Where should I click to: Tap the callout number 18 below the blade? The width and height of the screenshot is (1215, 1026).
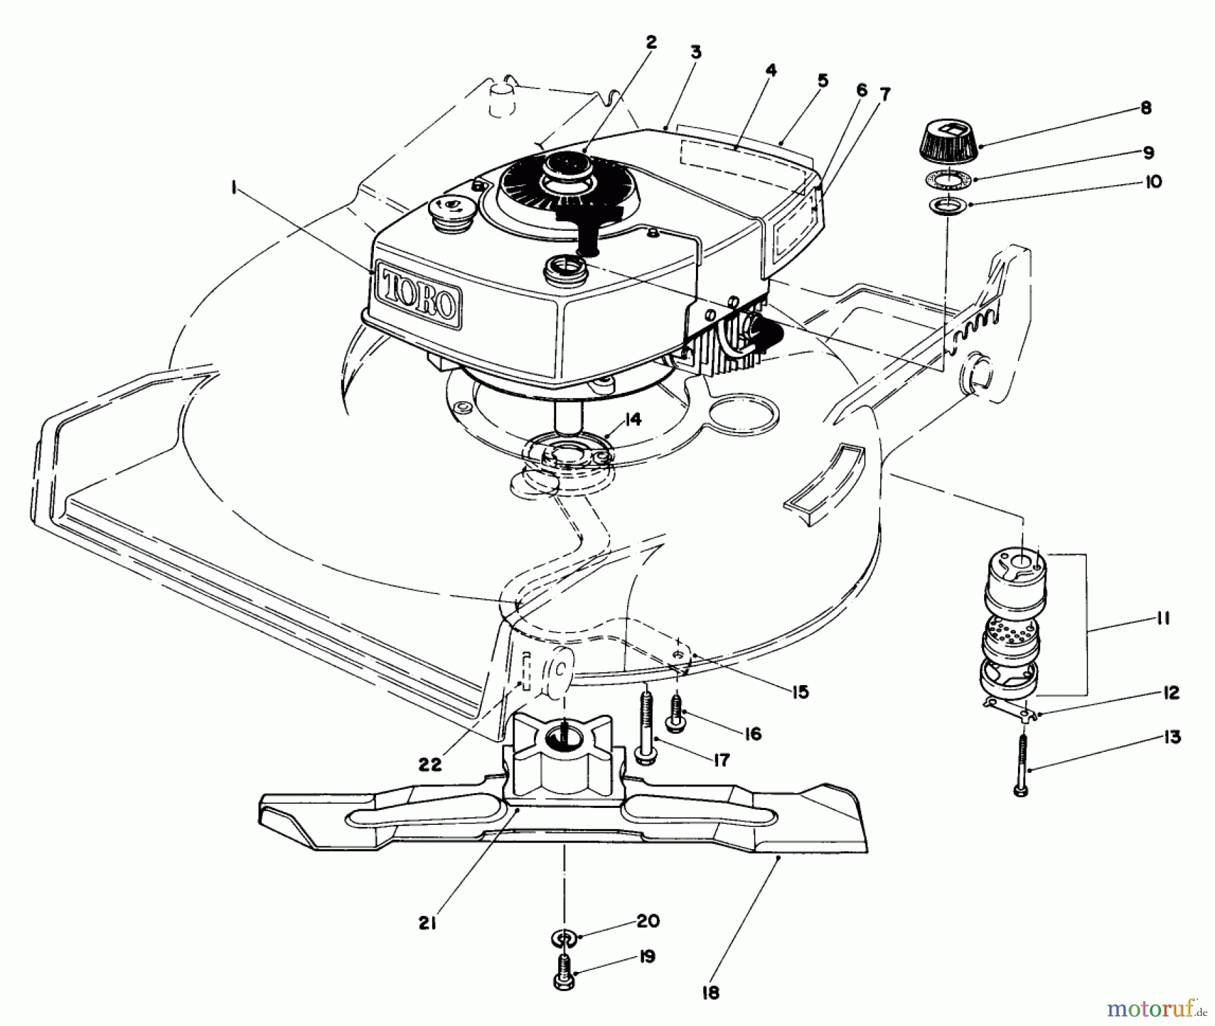pyautogui.click(x=710, y=992)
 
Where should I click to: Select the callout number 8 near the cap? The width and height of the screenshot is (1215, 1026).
pyautogui.click(x=1145, y=108)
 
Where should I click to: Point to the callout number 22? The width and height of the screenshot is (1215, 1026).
pyautogui.click(x=429, y=764)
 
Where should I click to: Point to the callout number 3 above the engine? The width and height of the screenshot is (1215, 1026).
pyautogui.click(x=696, y=52)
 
